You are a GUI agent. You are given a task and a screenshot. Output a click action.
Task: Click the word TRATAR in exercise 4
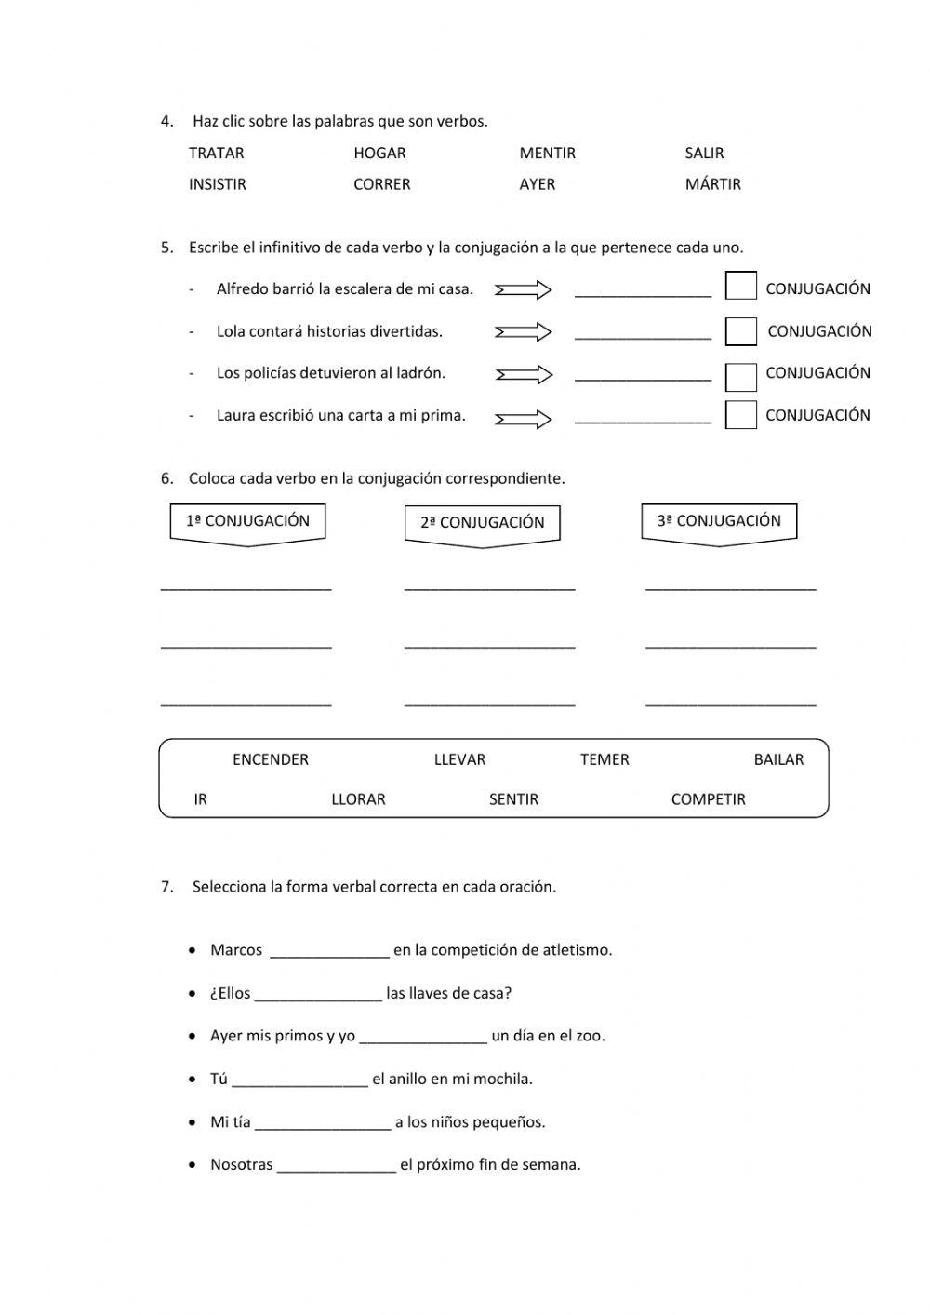[216, 154]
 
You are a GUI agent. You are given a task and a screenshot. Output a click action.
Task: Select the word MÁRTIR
[712, 184]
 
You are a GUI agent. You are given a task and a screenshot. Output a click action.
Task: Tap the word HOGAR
[379, 154]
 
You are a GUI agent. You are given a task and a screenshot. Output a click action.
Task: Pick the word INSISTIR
[217, 184]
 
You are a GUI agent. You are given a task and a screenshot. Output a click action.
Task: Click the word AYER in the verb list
[537, 184]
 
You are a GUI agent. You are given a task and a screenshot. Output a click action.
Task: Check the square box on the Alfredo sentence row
[740, 286]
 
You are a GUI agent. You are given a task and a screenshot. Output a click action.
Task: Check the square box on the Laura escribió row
[740, 414]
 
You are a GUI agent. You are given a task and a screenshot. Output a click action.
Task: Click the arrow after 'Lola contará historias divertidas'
[524, 332]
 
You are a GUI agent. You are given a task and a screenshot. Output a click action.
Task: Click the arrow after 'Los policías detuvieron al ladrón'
[524, 375]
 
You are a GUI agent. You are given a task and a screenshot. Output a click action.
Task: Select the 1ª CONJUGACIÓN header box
[247, 522]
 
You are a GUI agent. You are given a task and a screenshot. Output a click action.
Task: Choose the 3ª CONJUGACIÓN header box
[719, 522]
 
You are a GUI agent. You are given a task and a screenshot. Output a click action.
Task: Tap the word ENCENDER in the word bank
[270, 760]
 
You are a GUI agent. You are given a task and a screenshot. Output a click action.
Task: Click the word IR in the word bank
[200, 799]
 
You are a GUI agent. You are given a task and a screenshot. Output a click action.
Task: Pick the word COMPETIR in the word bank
[708, 799]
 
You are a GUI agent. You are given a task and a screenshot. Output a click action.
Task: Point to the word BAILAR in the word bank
[777, 760]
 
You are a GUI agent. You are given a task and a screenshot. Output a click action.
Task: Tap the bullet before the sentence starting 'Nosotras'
[192, 1165]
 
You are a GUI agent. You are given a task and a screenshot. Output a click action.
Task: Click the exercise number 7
[166, 887]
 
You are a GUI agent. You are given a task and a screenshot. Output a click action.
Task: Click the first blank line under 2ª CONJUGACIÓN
[489, 586]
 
